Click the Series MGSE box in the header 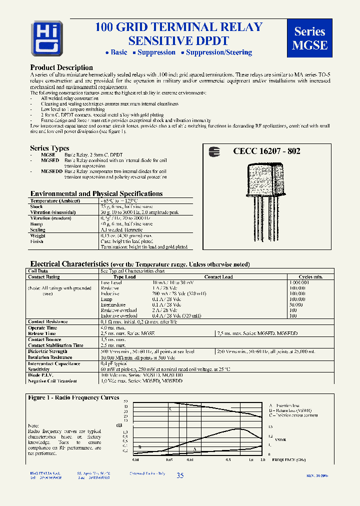[309, 38]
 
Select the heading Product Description [61, 67]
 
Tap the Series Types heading [49, 148]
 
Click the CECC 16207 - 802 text [266, 151]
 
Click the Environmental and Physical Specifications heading [96, 193]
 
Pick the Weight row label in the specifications [37, 235]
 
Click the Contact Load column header [218, 276]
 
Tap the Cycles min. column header [310, 276]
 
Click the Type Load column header [124, 276]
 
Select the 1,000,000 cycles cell [299, 282]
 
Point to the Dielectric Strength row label [48, 351]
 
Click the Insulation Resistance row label [50, 357]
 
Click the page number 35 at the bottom [180, 476]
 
